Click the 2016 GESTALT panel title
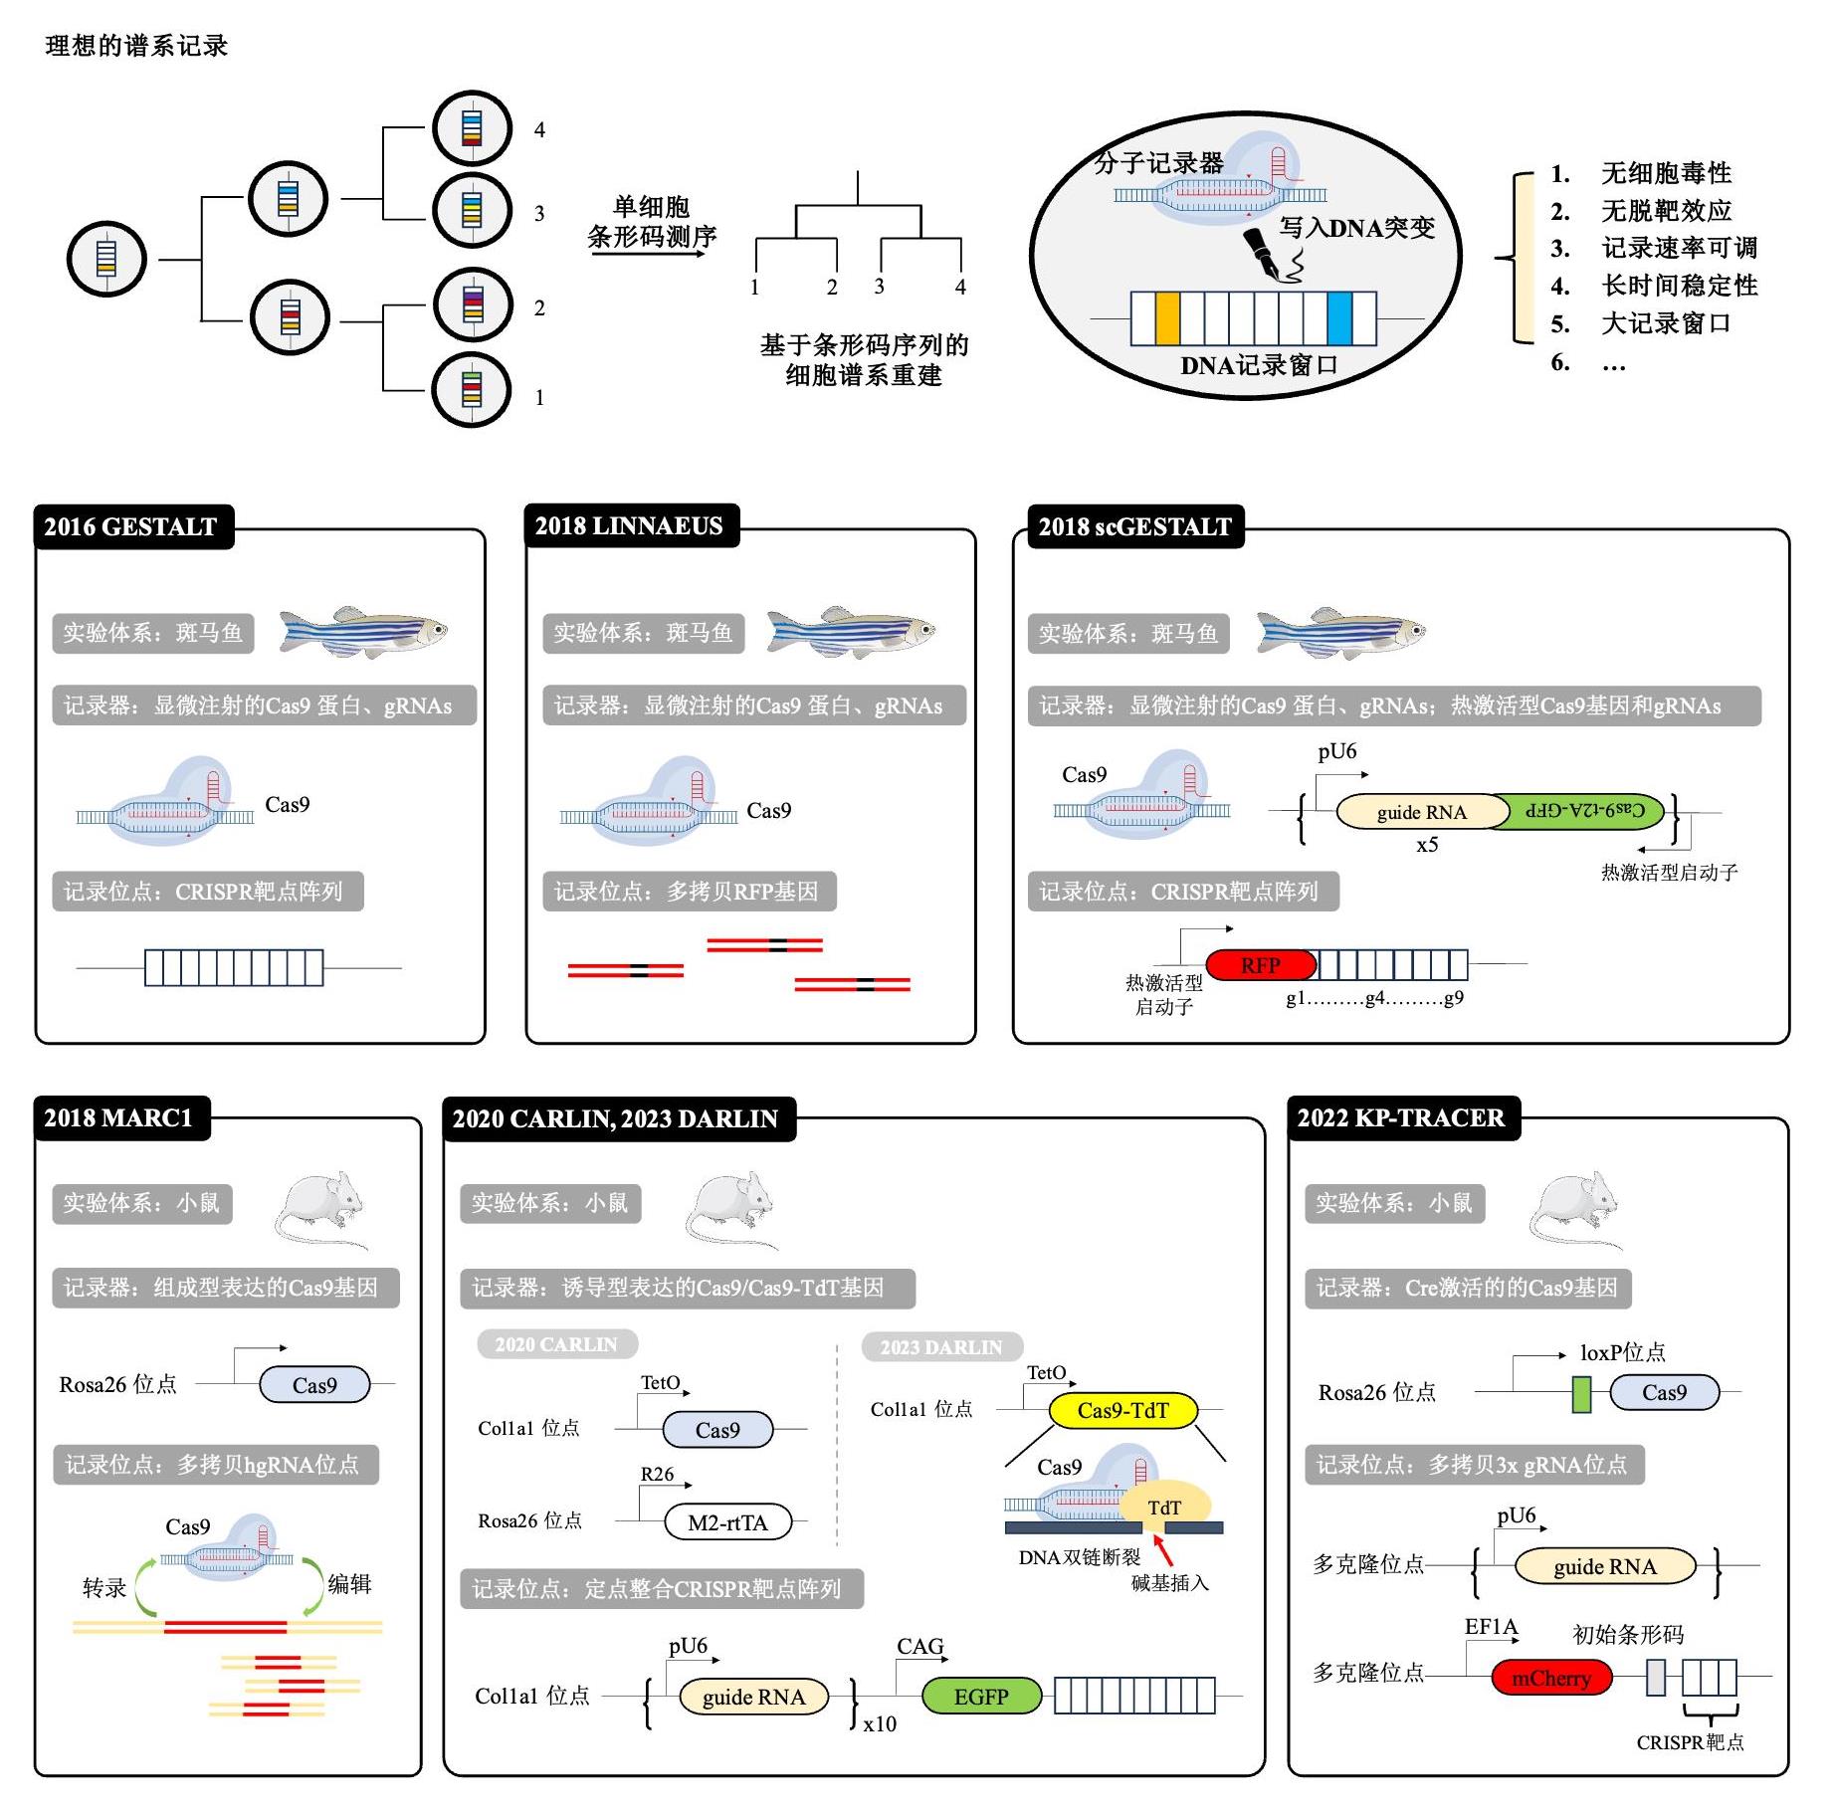coord(130,526)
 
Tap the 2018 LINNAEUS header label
coord(629,525)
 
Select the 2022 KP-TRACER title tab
coord(1400,1117)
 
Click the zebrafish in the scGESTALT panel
coord(1340,631)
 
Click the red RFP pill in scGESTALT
coord(1260,964)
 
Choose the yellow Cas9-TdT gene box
coord(1122,1410)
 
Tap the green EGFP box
coord(980,1696)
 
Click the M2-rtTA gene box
coord(727,1522)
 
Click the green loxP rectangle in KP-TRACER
coord(1580,1393)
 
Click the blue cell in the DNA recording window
coord(1339,318)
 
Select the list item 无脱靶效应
coord(1666,211)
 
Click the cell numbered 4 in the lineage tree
coord(472,128)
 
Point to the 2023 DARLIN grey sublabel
coord(940,1347)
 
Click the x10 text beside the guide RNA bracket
coord(880,1723)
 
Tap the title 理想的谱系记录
coord(136,46)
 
